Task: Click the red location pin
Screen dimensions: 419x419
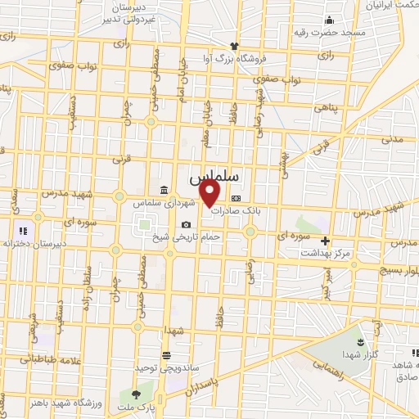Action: tap(211, 193)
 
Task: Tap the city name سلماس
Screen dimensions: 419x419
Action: tap(214, 177)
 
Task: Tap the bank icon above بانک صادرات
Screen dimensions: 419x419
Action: tap(237, 198)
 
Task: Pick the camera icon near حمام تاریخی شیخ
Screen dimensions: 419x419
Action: tap(187, 225)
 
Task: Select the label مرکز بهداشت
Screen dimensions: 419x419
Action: tap(325, 254)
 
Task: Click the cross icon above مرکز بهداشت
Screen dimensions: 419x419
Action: tap(326, 241)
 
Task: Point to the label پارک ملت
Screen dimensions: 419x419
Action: tap(135, 407)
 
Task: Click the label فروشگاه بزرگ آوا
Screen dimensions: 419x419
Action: tap(234, 58)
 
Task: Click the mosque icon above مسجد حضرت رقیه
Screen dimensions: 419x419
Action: tap(329, 20)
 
